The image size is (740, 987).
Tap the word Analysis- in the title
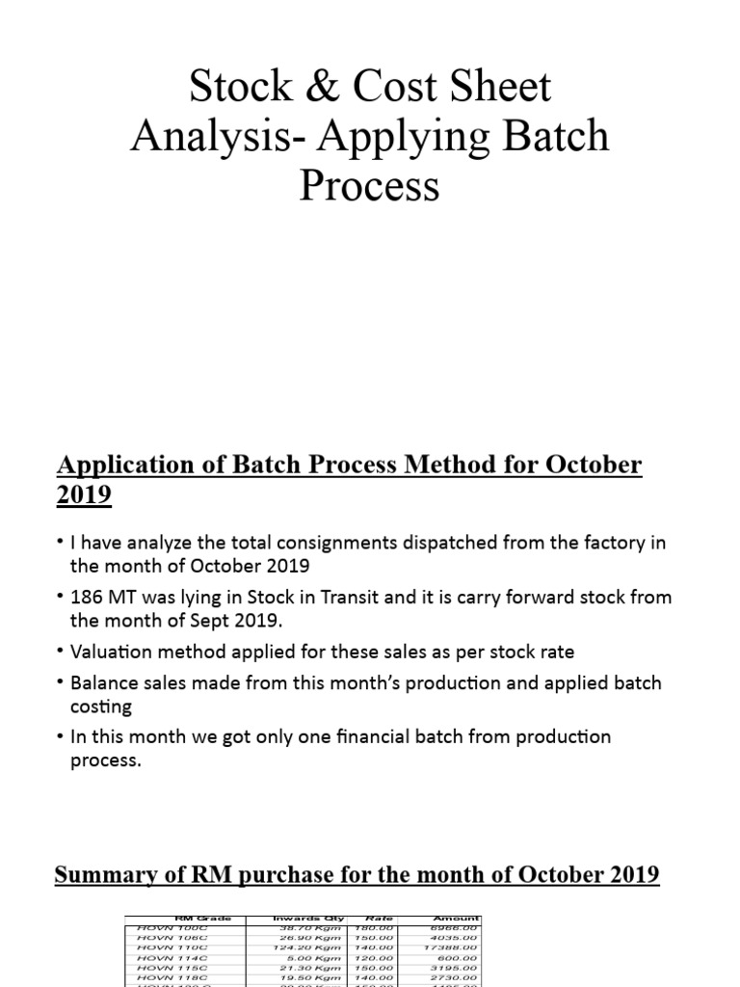[219, 137]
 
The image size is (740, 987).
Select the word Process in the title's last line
[369, 185]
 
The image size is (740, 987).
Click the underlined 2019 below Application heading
[85, 495]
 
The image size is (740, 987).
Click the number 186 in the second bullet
[88, 597]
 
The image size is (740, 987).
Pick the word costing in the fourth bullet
[101, 706]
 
